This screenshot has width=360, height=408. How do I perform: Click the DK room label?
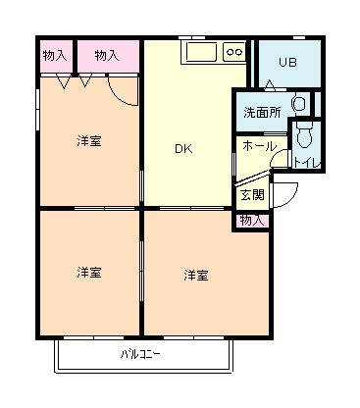[x=183, y=149]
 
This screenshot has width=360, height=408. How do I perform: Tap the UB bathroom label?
[x=287, y=62]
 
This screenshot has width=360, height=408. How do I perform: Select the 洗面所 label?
[x=262, y=113]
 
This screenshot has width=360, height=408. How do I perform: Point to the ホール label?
[x=260, y=146]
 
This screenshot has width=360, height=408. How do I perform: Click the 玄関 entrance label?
[x=252, y=195]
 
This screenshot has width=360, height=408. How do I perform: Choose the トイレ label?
[x=307, y=163]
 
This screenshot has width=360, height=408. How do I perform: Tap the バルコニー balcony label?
[x=140, y=354]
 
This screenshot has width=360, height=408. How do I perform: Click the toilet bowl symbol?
[x=305, y=134]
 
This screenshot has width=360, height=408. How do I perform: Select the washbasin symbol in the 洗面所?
[x=299, y=104]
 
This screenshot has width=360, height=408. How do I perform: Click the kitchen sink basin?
[x=201, y=51]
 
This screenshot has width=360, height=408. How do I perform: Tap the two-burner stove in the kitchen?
[x=234, y=52]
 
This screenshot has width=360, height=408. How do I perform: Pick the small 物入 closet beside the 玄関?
[x=252, y=221]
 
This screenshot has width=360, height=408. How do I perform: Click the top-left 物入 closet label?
[x=55, y=56]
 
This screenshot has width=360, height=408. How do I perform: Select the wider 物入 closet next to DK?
[x=107, y=56]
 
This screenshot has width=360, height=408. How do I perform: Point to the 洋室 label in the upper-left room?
[x=89, y=141]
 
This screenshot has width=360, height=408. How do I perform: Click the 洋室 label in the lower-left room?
[x=89, y=273]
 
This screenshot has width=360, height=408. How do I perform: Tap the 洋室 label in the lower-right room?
[x=196, y=276]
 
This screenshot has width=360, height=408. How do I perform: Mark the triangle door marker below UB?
[x=270, y=84]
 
